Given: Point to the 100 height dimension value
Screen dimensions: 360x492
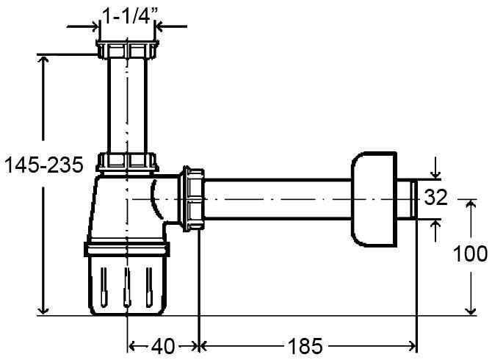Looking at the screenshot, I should pos(471,254).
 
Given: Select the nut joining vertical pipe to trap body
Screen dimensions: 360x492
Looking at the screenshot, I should pos(129,162).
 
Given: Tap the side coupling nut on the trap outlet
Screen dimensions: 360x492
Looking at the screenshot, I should pos(193,199).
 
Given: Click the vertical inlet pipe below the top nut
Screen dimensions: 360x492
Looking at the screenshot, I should pos(128,107).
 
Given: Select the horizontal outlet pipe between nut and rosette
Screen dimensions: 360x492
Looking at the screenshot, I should pos(279,199).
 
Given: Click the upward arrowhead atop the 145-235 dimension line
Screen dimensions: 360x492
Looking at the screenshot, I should pos(46,62).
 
